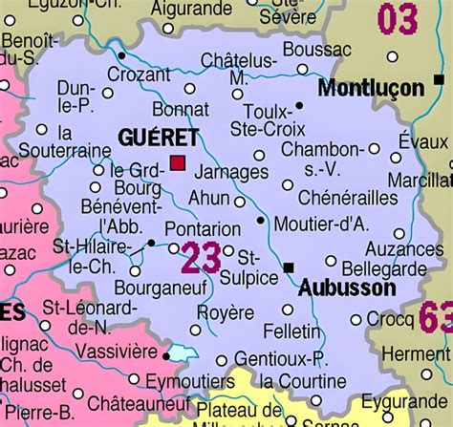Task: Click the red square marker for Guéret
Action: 178,162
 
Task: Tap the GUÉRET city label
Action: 158,138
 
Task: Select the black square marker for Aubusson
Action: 289,267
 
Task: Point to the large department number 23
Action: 201,257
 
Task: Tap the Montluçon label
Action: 370,88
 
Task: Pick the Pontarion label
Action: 203,229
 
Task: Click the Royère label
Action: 225,312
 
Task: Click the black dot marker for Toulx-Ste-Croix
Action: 299,105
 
